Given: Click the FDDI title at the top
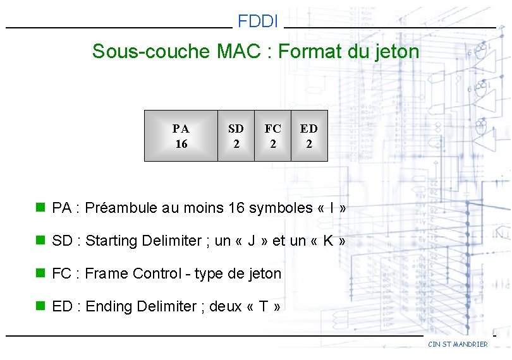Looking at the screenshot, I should pyautogui.click(x=258, y=21).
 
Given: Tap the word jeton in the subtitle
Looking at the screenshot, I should pyautogui.click(x=395, y=51).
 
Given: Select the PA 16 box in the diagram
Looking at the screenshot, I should pyautogui.click(x=181, y=136).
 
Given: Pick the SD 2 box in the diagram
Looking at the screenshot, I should pyautogui.click(x=236, y=136).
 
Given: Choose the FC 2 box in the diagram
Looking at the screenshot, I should pyautogui.click(x=272, y=136).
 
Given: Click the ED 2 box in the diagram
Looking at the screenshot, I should pyautogui.click(x=309, y=136).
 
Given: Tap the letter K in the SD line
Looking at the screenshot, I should pyautogui.click(x=324, y=241).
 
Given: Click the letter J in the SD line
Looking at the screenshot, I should pyautogui.click(x=251, y=241).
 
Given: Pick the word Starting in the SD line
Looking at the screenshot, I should pyautogui.click(x=112, y=241).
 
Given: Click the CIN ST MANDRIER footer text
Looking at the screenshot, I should pyautogui.click(x=458, y=344).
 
